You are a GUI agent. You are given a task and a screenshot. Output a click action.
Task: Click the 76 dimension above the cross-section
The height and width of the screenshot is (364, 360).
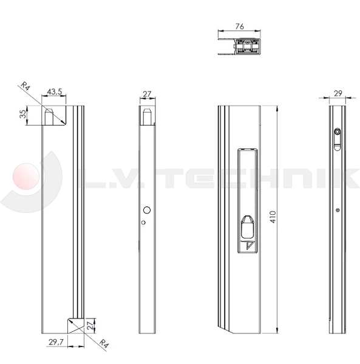tap(239, 27)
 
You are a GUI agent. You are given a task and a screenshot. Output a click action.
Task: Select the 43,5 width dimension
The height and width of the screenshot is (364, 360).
tap(54, 92)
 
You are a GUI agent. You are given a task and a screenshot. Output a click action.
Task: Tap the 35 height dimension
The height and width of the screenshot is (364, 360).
tap(23, 115)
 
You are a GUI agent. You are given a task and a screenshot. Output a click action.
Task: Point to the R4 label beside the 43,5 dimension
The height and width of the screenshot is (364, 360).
tap(25, 87)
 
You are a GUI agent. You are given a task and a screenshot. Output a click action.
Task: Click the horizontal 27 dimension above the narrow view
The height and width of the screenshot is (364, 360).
tap(147, 94)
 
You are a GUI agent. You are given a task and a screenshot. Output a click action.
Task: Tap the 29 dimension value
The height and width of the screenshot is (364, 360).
tap(338, 93)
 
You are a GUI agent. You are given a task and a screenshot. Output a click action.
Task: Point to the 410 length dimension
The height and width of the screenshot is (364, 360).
tap(273, 217)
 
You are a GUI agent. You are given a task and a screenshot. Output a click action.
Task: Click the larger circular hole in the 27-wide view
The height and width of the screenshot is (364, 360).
tap(146, 210)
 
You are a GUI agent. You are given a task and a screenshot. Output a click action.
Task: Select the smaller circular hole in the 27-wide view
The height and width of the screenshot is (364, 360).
tap(143, 222)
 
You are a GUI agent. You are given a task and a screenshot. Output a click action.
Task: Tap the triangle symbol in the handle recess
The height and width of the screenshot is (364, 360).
tap(249, 246)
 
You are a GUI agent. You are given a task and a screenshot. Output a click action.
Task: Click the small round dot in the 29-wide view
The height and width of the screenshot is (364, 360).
tap(338, 211)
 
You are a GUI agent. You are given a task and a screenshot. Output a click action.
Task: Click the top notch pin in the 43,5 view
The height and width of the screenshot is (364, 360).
tap(51, 115)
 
